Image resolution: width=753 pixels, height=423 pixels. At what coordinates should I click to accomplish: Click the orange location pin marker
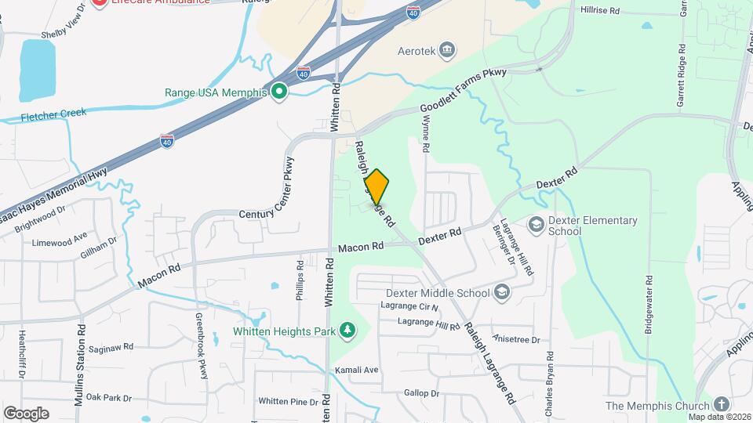tap(376, 187)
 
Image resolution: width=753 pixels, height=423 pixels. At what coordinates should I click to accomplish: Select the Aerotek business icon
tap(447, 50)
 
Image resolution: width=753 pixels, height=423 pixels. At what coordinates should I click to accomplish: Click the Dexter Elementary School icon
tap(537, 226)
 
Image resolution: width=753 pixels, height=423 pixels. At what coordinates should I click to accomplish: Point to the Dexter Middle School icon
tap(502, 293)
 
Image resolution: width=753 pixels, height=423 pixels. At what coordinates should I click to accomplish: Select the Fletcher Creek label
tap(53, 114)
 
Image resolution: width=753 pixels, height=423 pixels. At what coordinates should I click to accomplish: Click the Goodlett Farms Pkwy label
tap(464, 91)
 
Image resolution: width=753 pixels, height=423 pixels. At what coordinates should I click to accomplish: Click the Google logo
tap(26, 413)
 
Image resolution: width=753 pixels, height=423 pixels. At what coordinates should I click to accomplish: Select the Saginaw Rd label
tap(111, 347)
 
